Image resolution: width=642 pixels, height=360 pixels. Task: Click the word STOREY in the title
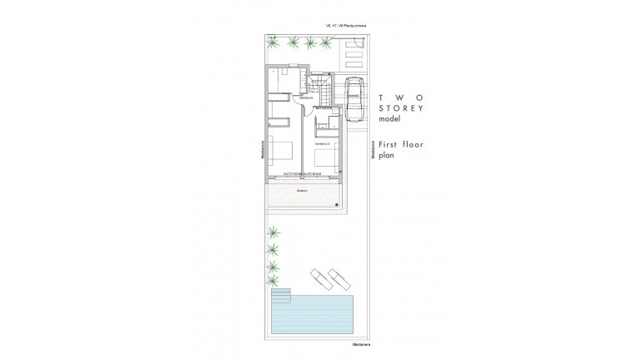pyautogui.click(x=401, y=108)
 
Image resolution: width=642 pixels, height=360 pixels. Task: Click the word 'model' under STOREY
pyautogui.click(x=390, y=120)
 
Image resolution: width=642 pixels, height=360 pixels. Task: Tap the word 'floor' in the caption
pyautogui.click(x=413, y=145)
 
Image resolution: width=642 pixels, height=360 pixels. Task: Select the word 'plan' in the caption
pyautogui.click(x=386, y=156)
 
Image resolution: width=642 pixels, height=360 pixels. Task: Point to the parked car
pyautogui.click(x=354, y=95)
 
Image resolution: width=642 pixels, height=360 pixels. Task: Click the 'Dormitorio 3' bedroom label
pyautogui.click(x=322, y=144)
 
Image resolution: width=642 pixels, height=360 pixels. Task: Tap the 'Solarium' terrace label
pyautogui.click(x=301, y=190)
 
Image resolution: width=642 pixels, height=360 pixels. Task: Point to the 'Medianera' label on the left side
pyautogui.click(x=262, y=150)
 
